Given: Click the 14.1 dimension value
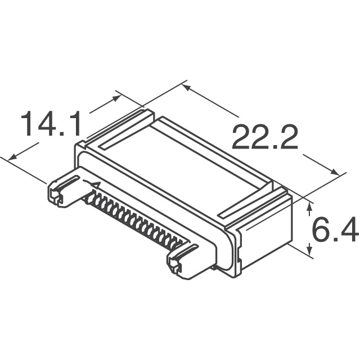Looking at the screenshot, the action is point(51,124).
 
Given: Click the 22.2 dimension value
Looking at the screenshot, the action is point(265,137).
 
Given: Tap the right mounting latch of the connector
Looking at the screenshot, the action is point(184,262).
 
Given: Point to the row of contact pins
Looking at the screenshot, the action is point(136,223).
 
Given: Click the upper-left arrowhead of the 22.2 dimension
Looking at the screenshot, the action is point(186,87).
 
